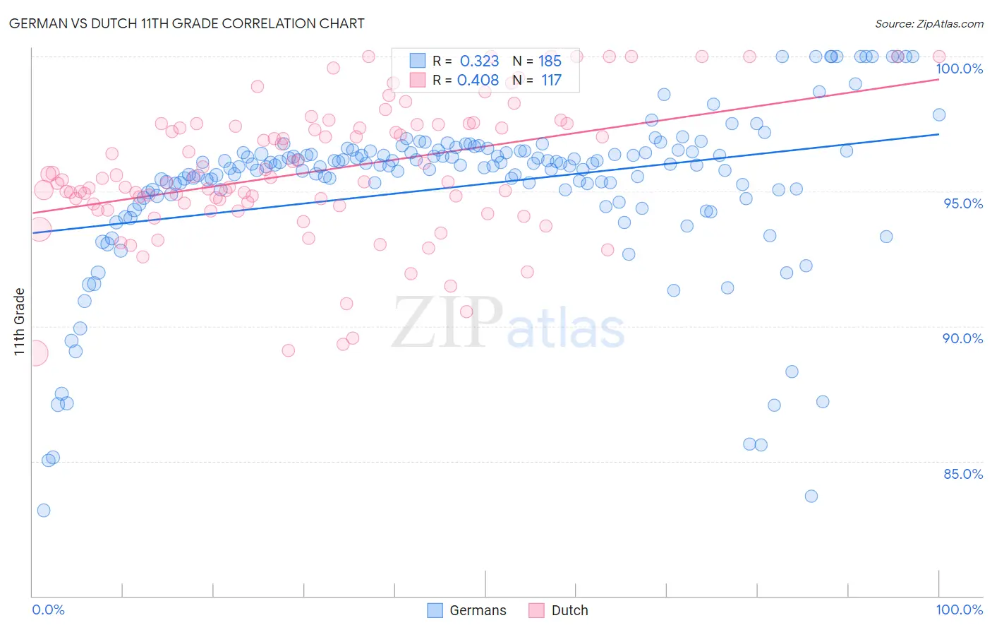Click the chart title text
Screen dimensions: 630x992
coord(187,23)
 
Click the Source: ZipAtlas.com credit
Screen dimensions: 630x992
coord(929,24)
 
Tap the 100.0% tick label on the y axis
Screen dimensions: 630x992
coord(959,69)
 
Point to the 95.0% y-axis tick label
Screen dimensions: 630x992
coord(962,203)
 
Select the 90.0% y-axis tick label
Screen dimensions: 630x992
coord(962,338)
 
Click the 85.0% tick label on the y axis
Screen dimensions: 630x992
coord(962,474)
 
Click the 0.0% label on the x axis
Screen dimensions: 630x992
coord(48,610)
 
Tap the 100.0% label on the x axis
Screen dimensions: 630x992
coord(959,610)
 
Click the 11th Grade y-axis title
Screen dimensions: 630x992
coord(19,321)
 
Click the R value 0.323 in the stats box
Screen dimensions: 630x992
coord(479,61)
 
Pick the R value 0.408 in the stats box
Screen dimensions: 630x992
coord(478,81)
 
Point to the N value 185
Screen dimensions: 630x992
coord(550,61)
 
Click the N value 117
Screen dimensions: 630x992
coord(551,81)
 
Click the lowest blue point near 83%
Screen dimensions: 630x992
coord(44,510)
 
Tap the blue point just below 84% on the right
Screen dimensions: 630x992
coord(811,496)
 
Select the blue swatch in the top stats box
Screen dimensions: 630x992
coord(418,61)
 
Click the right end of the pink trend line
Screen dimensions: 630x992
coord(938,79)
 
